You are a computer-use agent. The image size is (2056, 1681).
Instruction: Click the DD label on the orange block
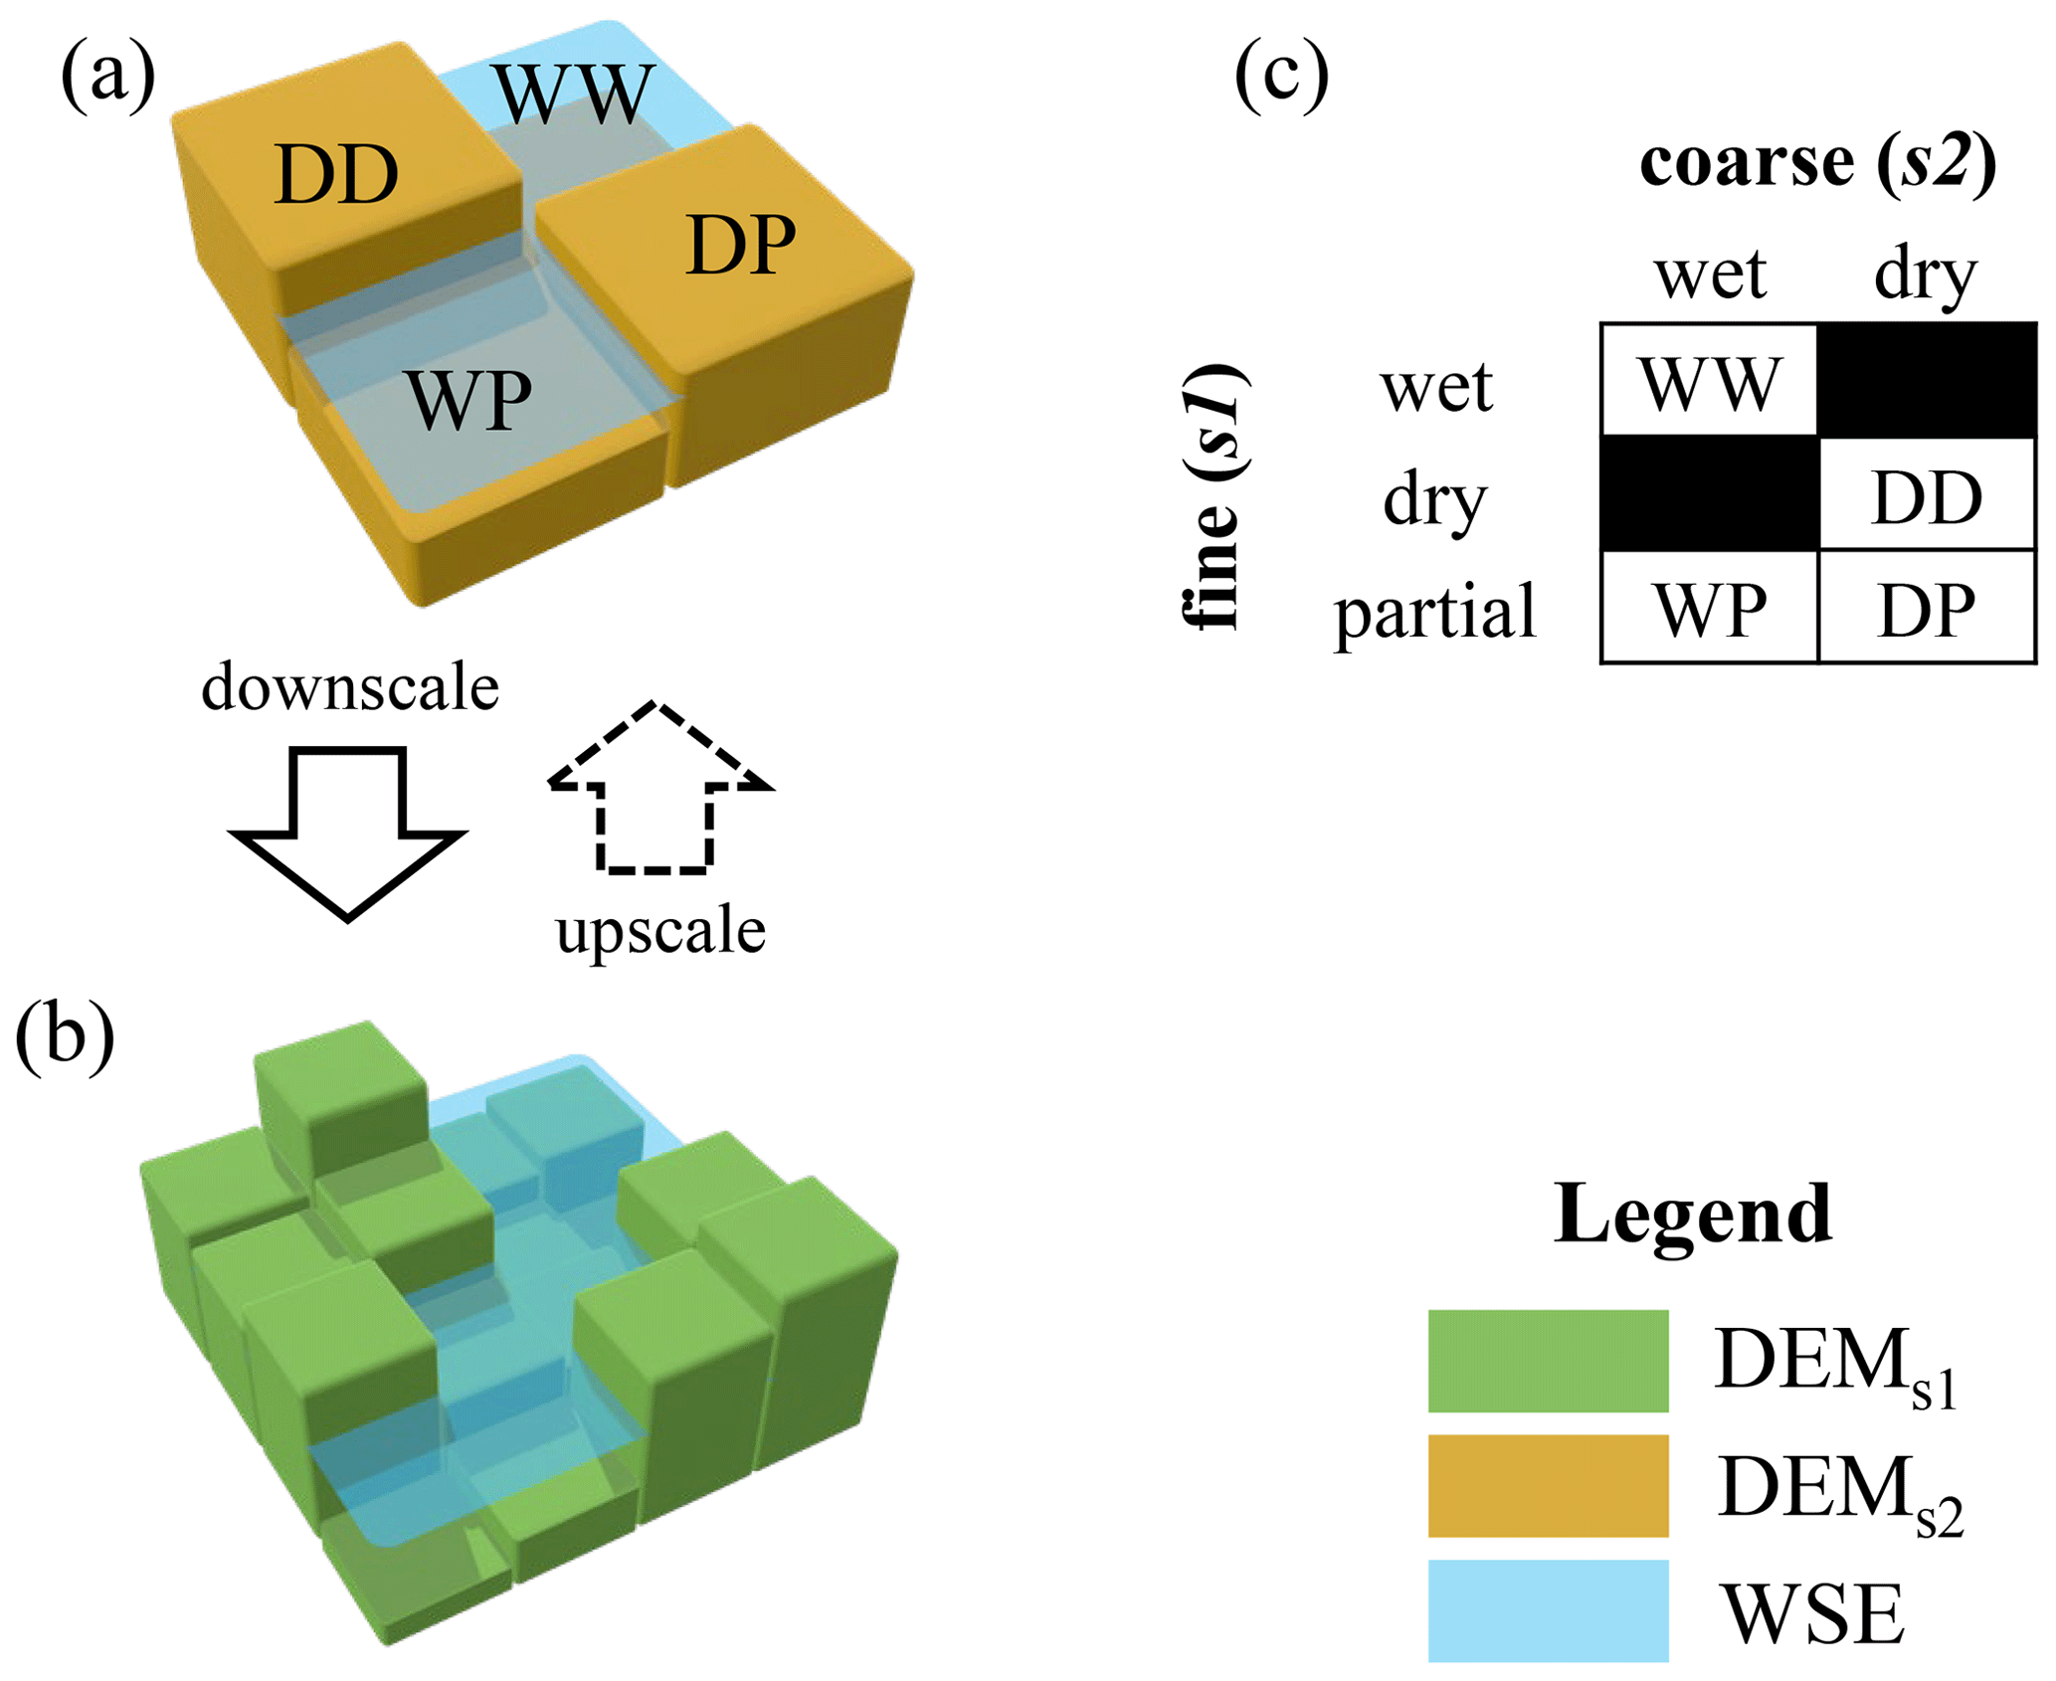(336, 175)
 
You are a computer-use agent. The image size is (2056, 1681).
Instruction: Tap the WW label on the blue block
(576, 94)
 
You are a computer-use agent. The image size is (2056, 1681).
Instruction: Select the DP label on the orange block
(741, 245)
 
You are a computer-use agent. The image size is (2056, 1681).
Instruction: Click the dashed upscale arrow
(657, 791)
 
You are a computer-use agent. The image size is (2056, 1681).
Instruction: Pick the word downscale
(350, 687)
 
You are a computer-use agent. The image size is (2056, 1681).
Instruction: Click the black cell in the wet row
(1927, 381)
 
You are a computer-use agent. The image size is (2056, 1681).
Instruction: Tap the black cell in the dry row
(1709, 494)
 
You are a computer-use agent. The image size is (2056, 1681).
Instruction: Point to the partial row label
(1434, 611)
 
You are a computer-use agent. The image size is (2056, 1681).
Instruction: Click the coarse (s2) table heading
(1817, 161)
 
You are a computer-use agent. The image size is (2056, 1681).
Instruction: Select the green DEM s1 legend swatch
(1548, 1361)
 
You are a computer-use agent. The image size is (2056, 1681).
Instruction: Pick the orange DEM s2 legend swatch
(1548, 1486)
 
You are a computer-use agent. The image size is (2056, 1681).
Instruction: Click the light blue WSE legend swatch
(1548, 1610)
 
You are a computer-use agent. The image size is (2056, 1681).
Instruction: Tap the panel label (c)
(1281, 75)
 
